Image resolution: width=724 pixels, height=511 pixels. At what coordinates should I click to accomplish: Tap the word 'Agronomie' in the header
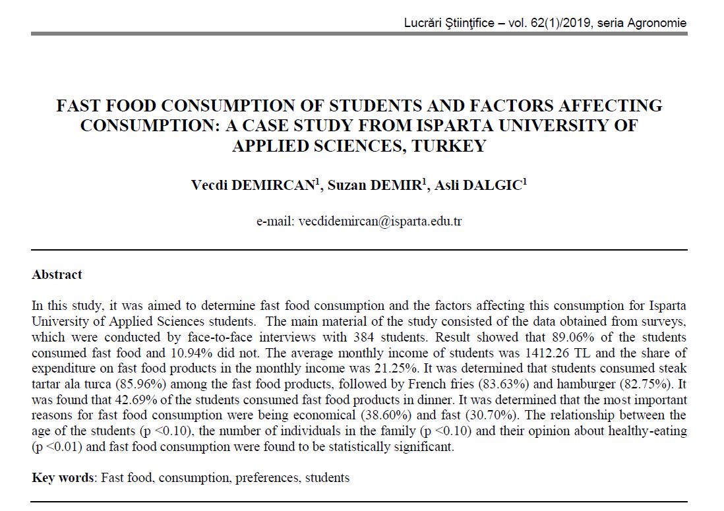(x=657, y=23)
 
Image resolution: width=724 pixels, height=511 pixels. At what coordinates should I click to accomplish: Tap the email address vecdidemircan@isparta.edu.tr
(x=380, y=221)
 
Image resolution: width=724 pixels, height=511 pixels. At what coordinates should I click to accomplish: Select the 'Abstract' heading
(x=57, y=275)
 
